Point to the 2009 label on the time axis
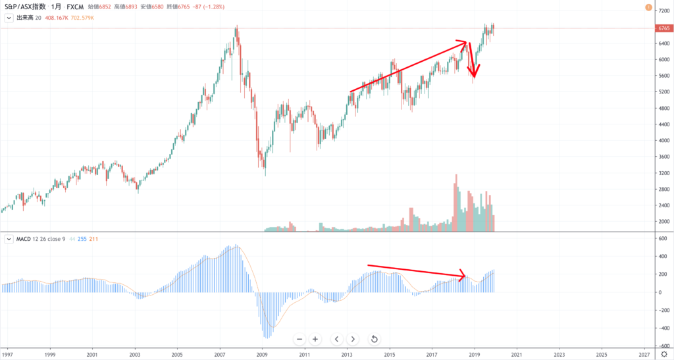[262, 354]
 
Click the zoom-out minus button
[299, 339]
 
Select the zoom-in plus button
[315, 339]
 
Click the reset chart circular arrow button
[374, 339]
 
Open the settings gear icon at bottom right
[663, 354]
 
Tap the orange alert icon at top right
[650, 8]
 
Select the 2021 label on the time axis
[517, 354]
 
